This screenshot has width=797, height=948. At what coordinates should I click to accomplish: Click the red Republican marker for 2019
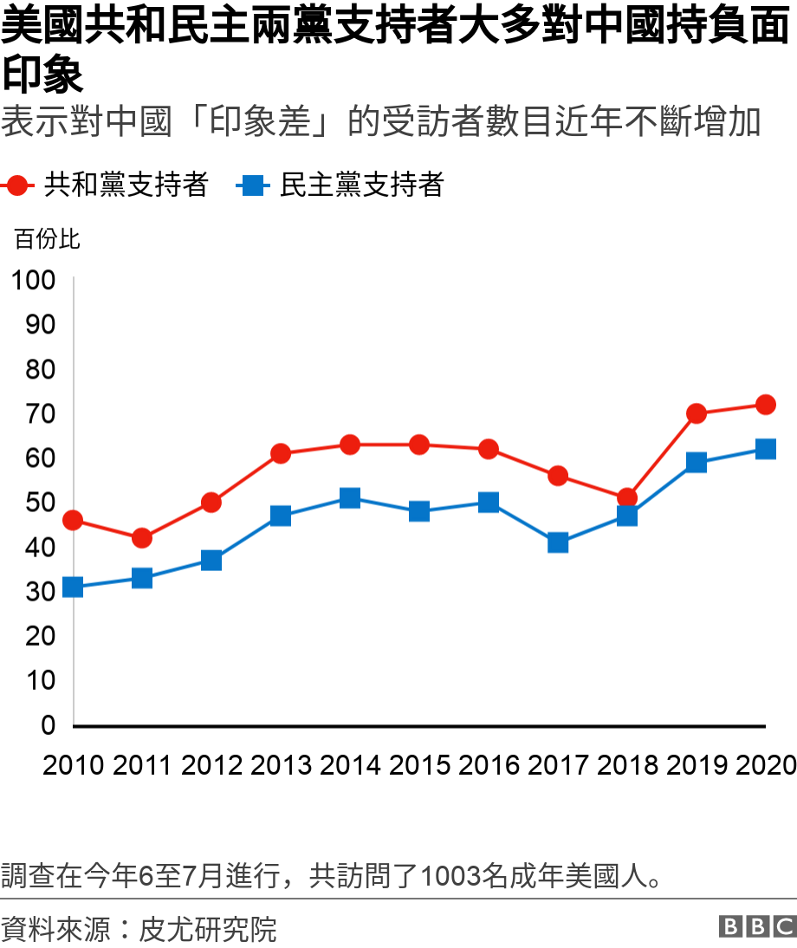(697, 413)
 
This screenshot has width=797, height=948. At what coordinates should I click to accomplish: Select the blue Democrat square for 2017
(558, 542)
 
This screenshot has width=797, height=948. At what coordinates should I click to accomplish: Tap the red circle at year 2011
(142, 538)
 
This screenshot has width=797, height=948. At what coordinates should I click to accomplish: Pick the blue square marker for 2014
(350, 498)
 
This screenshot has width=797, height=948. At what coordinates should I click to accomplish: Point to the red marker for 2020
(766, 405)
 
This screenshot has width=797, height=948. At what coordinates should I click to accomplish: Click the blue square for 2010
(73, 588)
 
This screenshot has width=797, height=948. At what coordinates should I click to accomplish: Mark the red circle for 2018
(627, 498)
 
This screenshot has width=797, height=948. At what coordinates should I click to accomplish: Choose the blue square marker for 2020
(766, 449)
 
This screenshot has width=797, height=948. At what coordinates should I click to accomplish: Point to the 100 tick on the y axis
(33, 280)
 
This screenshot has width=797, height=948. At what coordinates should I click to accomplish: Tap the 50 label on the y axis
(41, 503)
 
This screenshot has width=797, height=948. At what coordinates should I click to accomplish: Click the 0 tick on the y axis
(49, 725)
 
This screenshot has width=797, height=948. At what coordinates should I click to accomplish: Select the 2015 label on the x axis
(419, 765)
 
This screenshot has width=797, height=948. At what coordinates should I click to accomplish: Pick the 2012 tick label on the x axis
(211, 765)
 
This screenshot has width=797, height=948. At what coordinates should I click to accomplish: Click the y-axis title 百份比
(47, 239)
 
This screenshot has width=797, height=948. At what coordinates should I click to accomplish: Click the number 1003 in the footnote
(450, 876)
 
